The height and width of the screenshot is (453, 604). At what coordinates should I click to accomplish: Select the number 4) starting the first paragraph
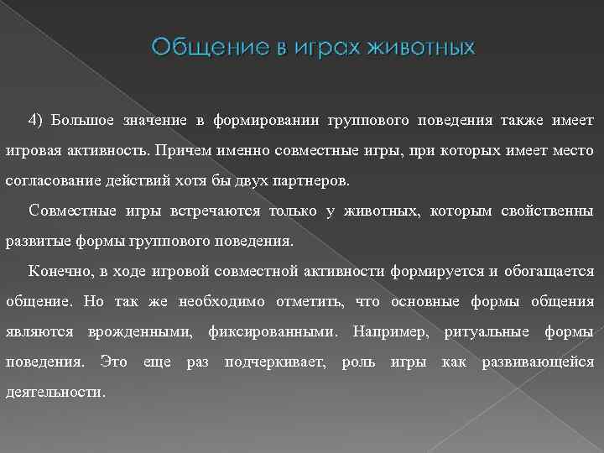tap(36, 120)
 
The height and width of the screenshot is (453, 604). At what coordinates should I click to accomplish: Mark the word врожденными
tap(139, 331)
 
